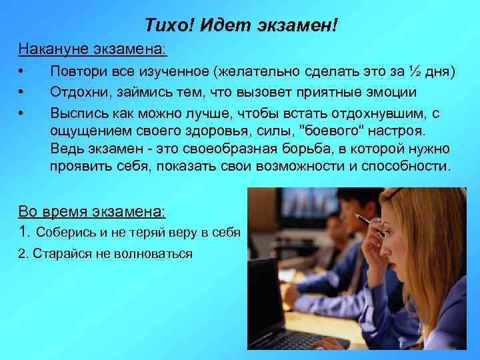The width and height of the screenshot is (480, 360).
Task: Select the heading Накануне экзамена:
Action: [93, 49]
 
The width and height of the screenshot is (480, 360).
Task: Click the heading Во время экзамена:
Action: [93, 211]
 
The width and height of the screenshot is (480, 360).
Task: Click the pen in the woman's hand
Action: [365, 219]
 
